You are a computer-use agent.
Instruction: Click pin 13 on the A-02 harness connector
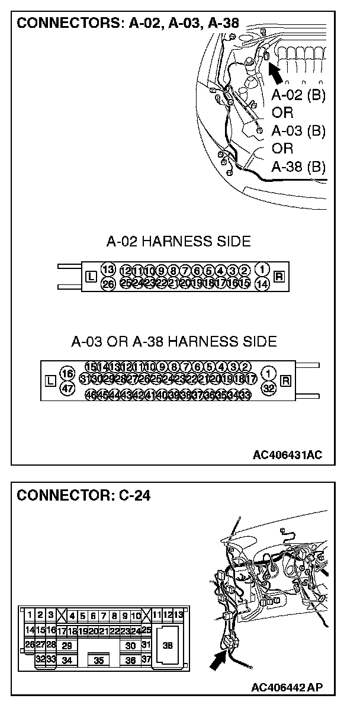click(107, 270)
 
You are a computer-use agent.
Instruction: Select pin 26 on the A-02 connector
click(107, 284)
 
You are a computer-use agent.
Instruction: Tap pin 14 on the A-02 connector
click(263, 284)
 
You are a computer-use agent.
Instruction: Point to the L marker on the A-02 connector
click(90, 277)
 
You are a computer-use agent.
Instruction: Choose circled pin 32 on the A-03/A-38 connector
click(269, 388)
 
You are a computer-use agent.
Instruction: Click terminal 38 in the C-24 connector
click(167, 646)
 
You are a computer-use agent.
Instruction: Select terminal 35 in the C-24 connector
click(99, 659)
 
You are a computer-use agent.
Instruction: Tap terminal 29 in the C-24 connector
click(67, 646)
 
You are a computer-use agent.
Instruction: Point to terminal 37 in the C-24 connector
click(146, 659)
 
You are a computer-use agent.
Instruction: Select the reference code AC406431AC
click(287, 455)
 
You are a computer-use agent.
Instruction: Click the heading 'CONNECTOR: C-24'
click(83, 495)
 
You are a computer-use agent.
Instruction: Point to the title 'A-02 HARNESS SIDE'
click(178, 241)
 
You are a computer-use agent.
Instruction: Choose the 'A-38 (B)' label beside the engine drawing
click(298, 166)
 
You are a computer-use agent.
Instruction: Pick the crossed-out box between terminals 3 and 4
click(61, 616)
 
